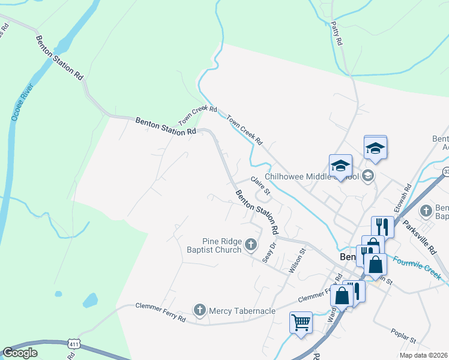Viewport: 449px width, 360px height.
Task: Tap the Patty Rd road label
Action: click(x=336, y=34)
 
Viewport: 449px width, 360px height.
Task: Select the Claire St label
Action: click(x=262, y=185)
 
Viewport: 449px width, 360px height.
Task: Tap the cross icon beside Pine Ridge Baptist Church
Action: click(x=250, y=245)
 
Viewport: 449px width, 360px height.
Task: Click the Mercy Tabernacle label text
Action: click(x=242, y=311)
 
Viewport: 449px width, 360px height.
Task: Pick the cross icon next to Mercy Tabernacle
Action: click(x=200, y=310)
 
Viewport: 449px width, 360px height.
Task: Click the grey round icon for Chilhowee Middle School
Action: click(x=368, y=176)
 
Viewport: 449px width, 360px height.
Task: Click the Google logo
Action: click(x=20, y=353)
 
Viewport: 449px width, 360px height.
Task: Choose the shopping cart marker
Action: click(x=301, y=322)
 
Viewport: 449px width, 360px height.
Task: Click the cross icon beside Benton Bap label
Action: click(x=426, y=211)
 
